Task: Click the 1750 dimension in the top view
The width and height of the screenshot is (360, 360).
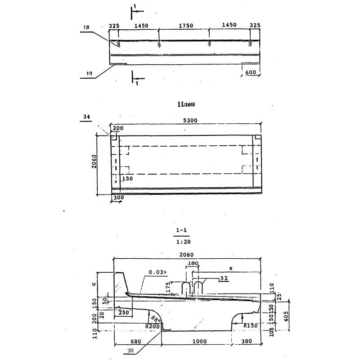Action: pos(186,26)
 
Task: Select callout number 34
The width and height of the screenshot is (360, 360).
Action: pos(86,117)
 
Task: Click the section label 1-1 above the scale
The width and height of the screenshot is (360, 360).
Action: pos(182,231)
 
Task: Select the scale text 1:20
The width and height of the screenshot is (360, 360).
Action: pos(182,241)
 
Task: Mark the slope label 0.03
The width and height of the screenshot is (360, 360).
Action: pos(157,272)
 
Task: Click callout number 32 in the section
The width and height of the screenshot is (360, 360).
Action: pos(224,279)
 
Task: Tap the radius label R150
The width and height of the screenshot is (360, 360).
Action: pos(250,324)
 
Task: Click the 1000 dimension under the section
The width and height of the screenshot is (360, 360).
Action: pos(200,342)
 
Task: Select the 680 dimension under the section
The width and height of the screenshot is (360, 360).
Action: pos(136,342)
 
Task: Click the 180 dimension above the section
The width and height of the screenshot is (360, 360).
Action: pos(193,263)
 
